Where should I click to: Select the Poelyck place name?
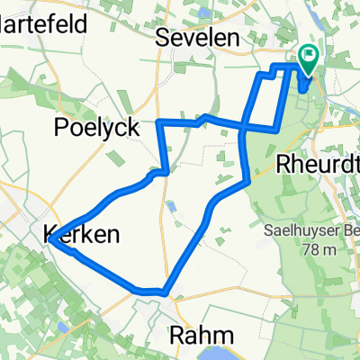pos(97,128)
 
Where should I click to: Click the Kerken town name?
pos(81,235)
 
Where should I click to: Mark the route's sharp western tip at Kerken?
pos(51,239)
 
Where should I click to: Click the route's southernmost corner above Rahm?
pos(165,291)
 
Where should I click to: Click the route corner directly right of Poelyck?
pos(159,121)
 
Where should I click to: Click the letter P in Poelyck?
pos(62,128)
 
